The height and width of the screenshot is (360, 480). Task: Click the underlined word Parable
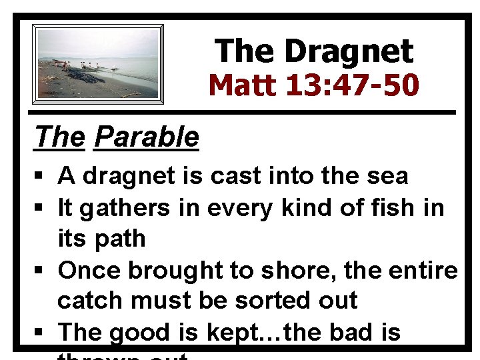147,137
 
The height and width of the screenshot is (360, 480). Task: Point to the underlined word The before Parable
60,137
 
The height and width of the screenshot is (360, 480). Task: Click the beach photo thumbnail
98,63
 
